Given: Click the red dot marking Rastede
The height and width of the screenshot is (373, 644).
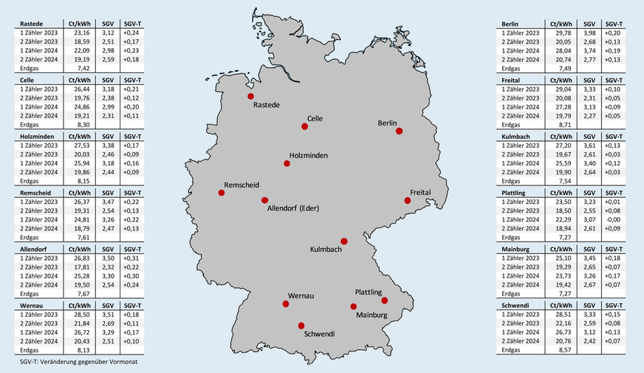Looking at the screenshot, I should point(250,96).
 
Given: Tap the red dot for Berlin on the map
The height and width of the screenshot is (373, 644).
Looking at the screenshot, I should point(399,131).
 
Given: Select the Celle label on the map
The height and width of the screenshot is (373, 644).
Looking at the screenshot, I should point(315,118).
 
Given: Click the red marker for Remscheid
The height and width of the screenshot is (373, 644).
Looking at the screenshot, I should point(221,193).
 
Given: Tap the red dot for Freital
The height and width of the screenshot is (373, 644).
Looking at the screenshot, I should point(407,200).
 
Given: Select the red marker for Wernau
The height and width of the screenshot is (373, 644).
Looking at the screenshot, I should point(285,304).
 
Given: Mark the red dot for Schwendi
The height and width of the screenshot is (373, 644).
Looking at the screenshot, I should point(301,325).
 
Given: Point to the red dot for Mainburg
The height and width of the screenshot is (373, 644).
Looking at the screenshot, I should point(354,307).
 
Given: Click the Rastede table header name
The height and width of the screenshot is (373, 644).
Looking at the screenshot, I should point(30,24).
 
